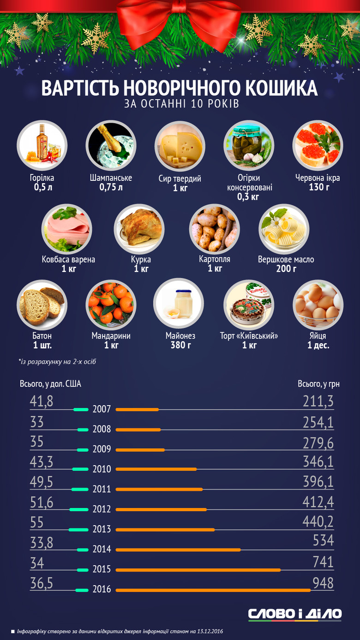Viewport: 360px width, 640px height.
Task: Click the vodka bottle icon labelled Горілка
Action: [42, 145]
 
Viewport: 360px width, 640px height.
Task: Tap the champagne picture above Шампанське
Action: [111, 146]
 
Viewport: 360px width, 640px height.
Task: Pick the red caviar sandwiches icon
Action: [318, 145]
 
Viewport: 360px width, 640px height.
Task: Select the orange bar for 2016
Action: [213, 590]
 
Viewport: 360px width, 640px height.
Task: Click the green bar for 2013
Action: [78, 530]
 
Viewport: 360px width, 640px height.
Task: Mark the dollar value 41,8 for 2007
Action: [42, 402]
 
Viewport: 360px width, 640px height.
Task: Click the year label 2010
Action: [102, 469]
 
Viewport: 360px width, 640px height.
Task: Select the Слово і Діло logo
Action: [295, 614]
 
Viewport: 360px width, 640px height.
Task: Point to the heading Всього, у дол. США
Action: [50, 384]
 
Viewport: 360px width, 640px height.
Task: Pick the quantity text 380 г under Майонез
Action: [179, 345]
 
